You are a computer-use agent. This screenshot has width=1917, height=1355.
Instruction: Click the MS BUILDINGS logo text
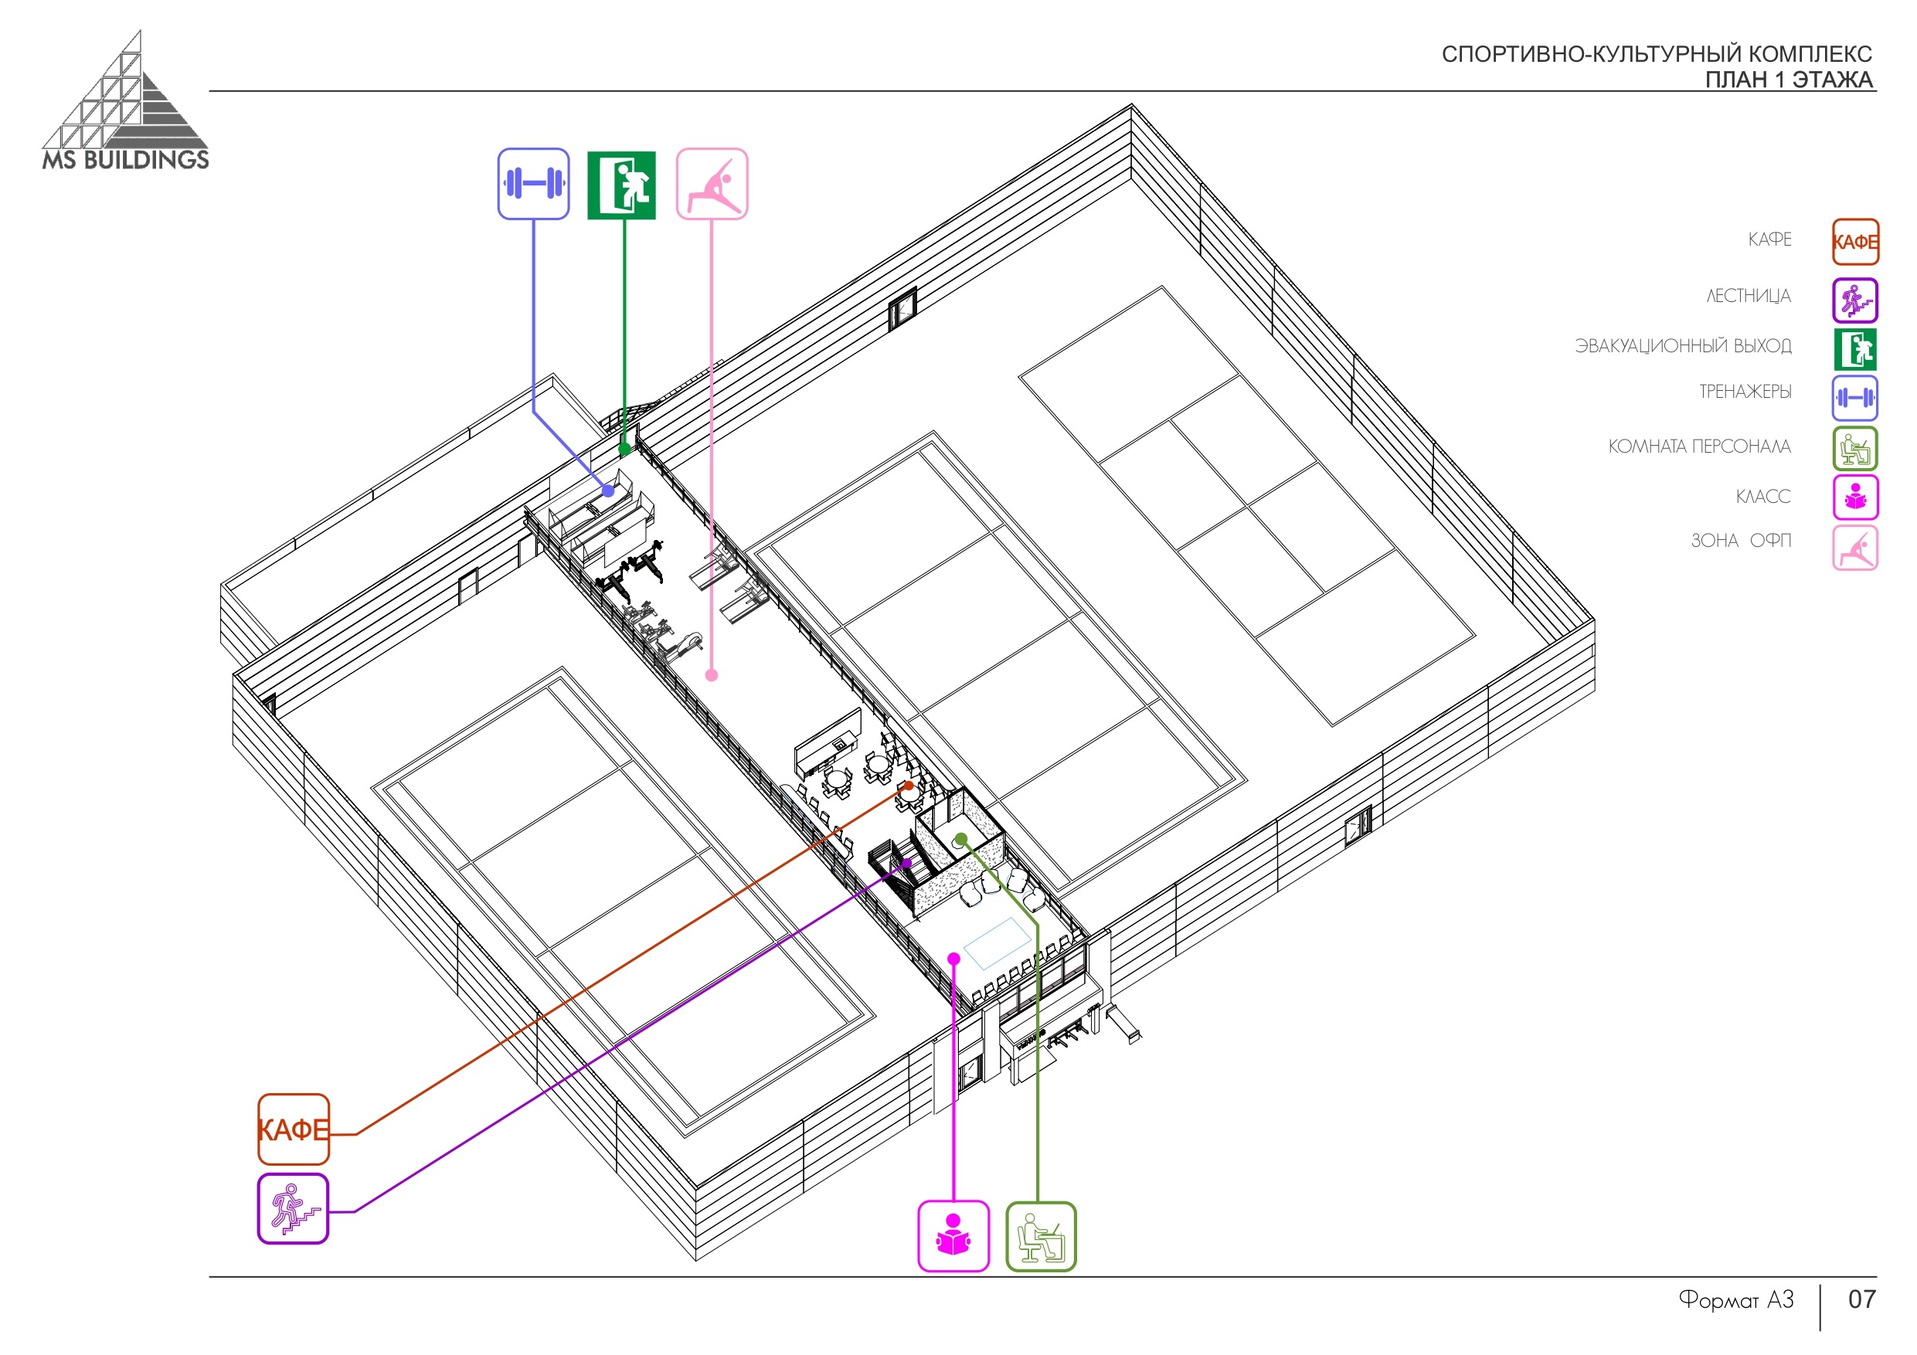tap(125, 159)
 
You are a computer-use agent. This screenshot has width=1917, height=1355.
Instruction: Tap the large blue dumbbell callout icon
tap(533, 184)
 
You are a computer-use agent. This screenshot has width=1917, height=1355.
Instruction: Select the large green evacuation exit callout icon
tap(621, 185)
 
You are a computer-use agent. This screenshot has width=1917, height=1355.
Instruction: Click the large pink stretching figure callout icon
tap(712, 184)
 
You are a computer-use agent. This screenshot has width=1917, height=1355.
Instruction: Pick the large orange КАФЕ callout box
tap(293, 1129)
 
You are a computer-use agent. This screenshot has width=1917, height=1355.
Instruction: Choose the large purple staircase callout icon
tap(293, 1208)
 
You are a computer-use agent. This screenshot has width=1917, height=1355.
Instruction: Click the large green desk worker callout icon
tap(1040, 1237)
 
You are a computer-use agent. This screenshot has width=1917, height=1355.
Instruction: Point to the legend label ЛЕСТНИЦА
tap(1749, 297)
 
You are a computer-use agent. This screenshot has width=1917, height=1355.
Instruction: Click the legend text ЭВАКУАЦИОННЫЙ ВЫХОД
tap(1682, 345)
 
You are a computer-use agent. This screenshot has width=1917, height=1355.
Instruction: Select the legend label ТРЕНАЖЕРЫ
tap(1745, 392)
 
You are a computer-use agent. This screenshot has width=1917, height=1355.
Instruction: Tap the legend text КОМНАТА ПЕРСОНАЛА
tap(1699, 447)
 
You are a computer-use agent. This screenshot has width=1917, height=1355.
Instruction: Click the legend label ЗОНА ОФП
tap(1741, 541)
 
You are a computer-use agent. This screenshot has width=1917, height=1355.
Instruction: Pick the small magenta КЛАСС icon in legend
tap(1855, 497)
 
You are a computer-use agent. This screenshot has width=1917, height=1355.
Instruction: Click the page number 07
tap(1861, 1299)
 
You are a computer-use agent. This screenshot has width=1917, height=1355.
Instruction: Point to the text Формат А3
tap(1736, 1300)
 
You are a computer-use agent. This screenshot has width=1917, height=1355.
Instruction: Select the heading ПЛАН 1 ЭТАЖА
tap(1789, 80)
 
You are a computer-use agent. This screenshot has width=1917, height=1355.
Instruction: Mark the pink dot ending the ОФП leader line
tap(712, 675)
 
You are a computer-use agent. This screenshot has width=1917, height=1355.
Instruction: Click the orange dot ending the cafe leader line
tap(909, 786)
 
